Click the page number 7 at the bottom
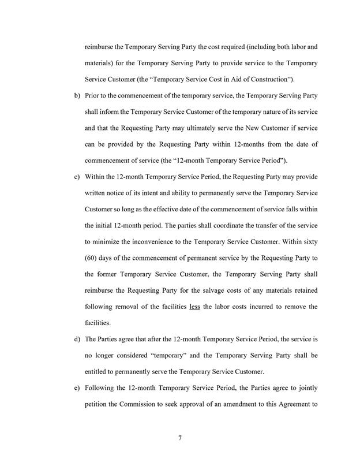(x=180, y=438)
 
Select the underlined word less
(x=194, y=306)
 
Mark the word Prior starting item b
(x=93, y=94)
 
